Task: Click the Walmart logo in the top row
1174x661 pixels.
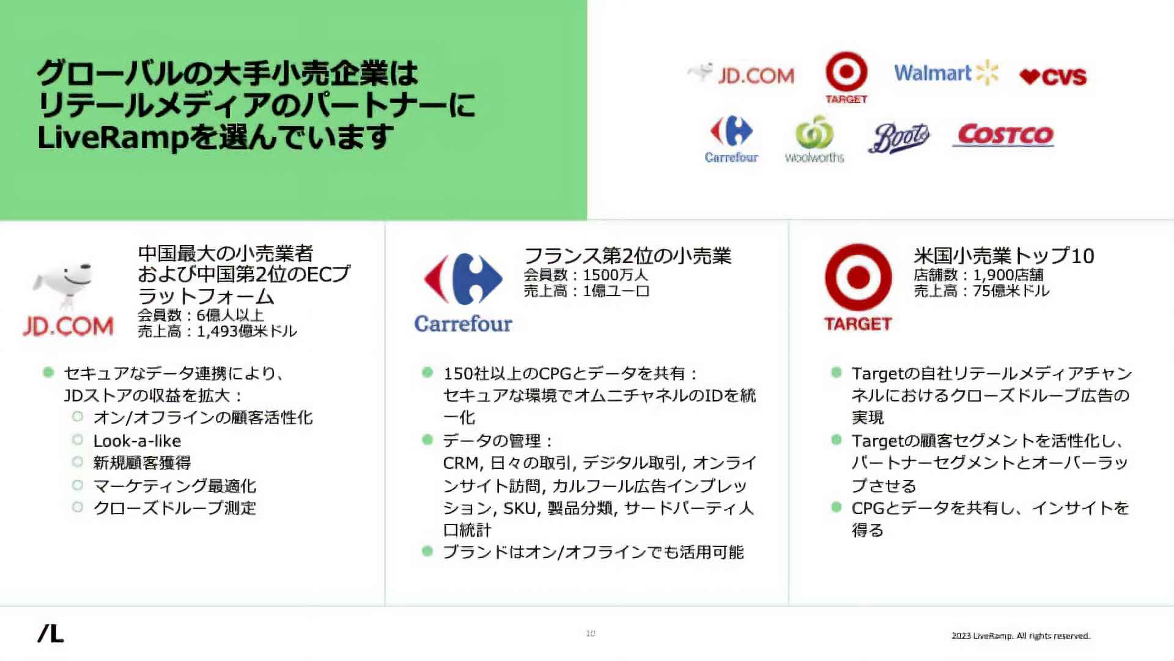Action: (x=945, y=73)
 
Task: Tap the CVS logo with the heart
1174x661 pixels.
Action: (x=1053, y=77)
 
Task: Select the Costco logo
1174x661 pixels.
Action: (x=1005, y=135)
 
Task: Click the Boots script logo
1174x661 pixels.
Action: (x=898, y=137)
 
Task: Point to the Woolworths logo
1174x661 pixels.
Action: (x=814, y=140)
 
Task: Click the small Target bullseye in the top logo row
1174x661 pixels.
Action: (x=846, y=72)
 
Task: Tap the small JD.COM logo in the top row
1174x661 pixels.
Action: (x=741, y=75)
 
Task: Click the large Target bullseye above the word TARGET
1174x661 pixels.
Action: (x=858, y=277)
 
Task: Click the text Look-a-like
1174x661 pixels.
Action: (x=137, y=441)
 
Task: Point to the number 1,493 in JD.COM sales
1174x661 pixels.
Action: (x=216, y=331)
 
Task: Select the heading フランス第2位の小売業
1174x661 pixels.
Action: (x=627, y=255)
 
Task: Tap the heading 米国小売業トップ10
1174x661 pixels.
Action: (x=1003, y=255)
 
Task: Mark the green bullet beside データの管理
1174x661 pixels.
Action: (x=427, y=440)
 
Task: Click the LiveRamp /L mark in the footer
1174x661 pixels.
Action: (x=51, y=634)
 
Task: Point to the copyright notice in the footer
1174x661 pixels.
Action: (x=1021, y=636)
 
